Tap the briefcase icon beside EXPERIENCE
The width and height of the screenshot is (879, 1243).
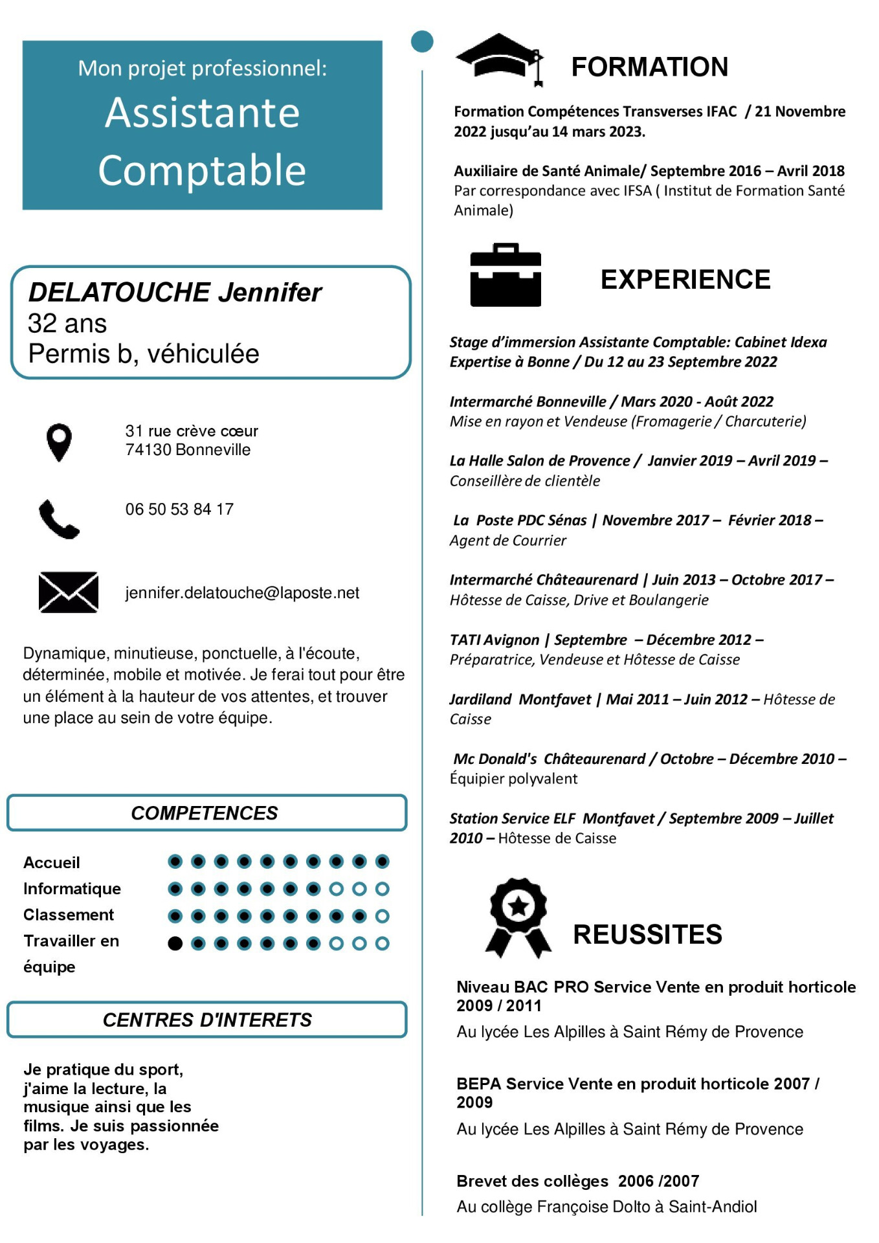(x=506, y=275)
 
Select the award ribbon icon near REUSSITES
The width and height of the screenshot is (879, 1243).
(x=518, y=917)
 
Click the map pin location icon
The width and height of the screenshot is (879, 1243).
(x=59, y=442)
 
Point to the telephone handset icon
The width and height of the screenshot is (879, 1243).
(x=58, y=519)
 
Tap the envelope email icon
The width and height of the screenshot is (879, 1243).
(x=68, y=592)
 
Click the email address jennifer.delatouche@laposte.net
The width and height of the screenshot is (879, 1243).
(x=242, y=592)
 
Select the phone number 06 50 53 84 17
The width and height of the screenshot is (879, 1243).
(x=179, y=510)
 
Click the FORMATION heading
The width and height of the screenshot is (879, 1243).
(x=649, y=67)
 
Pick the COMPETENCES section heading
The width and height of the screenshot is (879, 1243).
(x=205, y=813)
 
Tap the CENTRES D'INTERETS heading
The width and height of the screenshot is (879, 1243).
(x=207, y=1020)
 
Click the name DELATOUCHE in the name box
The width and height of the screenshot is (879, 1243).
(x=120, y=293)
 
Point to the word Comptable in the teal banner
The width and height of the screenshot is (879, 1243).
(x=202, y=170)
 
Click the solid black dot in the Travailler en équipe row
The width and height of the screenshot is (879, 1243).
(x=175, y=943)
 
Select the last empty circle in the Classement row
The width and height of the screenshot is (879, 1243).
(x=383, y=916)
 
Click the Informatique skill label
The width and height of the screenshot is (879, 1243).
(x=72, y=889)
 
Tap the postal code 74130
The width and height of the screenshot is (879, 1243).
(x=149, y=450)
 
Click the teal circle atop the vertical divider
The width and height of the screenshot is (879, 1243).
(x=422, y=41)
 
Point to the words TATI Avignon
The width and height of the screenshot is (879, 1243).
(x=495, y=640)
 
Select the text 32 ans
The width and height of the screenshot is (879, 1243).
(x=67, y=324)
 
